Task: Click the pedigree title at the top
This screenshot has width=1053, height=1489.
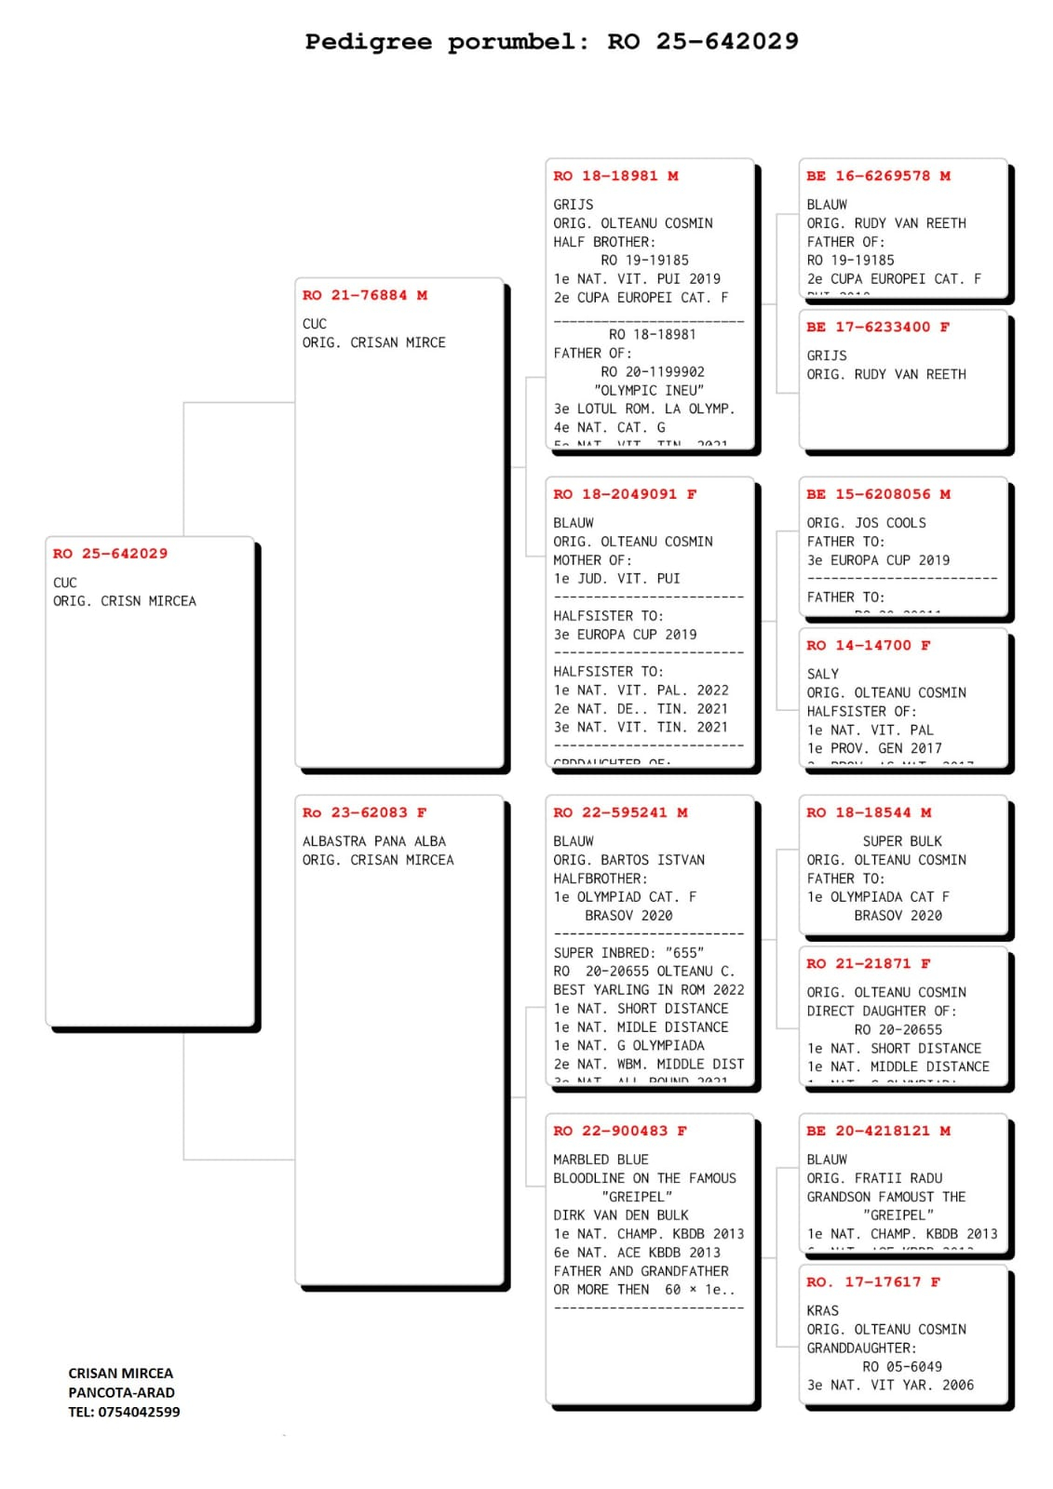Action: tap(551, 42)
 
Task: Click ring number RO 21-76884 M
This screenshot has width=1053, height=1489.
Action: tap(364, 295)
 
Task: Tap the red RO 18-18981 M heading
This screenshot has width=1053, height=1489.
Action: tap(615, 176)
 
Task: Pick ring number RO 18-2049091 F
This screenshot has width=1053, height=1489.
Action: tap(625, 494)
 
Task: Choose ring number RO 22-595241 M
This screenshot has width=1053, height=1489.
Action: tap(620, 812)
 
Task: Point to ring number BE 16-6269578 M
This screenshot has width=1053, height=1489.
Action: tap(878, 176)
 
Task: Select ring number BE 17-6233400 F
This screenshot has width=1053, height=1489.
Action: tap(878, 327)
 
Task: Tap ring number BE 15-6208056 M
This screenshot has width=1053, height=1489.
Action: tap(878, 494)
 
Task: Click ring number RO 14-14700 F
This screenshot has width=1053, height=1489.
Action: tap(868, 645)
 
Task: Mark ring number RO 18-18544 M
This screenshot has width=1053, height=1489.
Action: tap(868, 812)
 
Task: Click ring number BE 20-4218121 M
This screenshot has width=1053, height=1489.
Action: tap(878, 1131)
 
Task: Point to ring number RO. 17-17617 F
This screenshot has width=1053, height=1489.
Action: tap(872, 1281)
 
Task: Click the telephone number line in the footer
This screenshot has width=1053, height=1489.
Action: tap(124, 1412)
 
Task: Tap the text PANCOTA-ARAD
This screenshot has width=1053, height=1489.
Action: tap(121, 1392)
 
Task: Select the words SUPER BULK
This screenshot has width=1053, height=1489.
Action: tap(901, 841)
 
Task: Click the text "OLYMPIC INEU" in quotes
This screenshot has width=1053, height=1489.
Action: tap(648, 391)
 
